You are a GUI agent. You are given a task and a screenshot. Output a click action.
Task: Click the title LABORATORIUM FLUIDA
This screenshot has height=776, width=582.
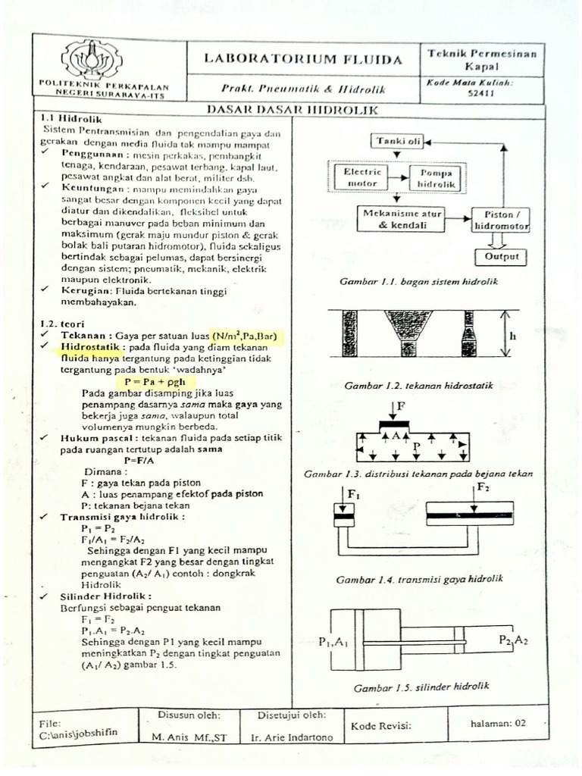pyautogui.click(x=303, y=60)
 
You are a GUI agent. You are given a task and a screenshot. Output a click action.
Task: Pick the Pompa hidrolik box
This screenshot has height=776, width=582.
pyautogui.click(x=436, y=178)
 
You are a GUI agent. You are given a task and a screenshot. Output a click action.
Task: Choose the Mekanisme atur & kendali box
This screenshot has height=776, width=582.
pyautogui.click(x=402, y=220)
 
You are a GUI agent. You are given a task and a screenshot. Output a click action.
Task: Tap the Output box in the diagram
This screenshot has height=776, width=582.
pyautogui.click(x=501, y=256)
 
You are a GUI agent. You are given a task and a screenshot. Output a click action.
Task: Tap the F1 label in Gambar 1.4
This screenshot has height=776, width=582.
pyautogui.click(x=355, y=493)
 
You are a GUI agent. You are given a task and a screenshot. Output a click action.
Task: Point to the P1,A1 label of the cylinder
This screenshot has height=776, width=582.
pyautogui.click(x=333, y=644)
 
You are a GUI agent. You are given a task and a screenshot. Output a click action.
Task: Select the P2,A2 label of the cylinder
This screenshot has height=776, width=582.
pyautogui.click(x=512, y=640)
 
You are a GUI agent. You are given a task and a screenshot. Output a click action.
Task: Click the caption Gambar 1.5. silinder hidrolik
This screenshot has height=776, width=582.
pyautogui.click(x=422, y=687)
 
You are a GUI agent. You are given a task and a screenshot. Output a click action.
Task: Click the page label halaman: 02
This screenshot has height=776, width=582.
pyautogui.click(x=497, y=723)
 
